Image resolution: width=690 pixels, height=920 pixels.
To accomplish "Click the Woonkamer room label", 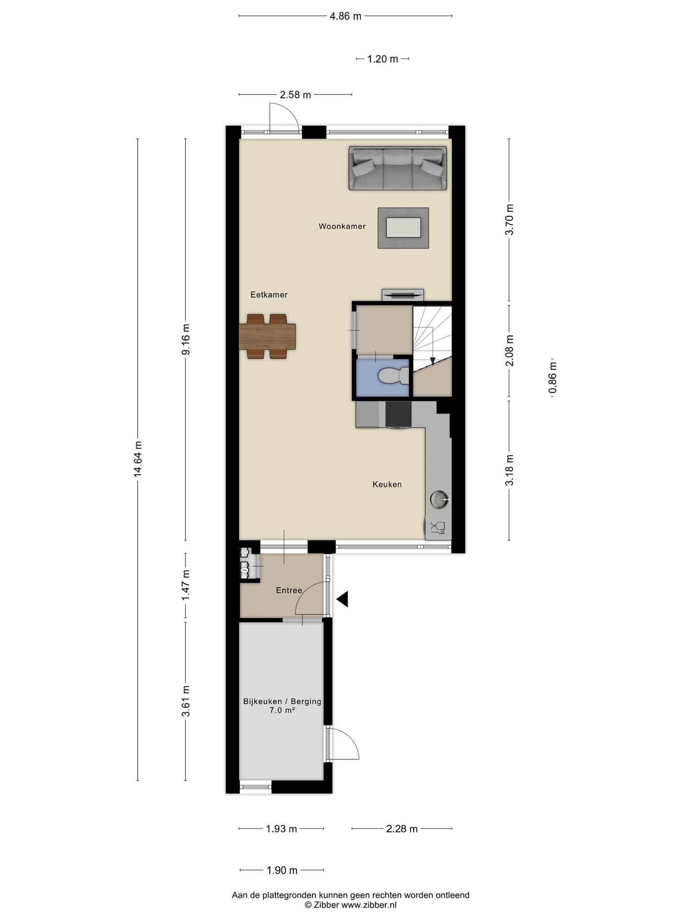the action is (342, 226).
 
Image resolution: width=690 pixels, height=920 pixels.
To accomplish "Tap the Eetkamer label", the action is (269, 295).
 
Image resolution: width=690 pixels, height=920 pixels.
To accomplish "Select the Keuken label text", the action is (387, 484).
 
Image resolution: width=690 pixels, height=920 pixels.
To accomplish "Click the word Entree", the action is (289, 590).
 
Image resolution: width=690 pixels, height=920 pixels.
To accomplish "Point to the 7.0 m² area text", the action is (282, 710).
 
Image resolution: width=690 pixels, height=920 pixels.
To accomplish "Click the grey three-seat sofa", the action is (398, 168).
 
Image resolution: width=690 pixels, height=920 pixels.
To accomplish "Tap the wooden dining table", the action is (267, 336).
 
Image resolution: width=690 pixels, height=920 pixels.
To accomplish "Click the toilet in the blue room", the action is (393, 376).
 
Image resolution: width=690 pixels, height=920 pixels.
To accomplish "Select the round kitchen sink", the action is (438, 499).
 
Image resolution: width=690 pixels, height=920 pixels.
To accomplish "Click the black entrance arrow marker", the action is (343, 599).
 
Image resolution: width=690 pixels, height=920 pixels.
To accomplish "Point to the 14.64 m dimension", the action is (138, 458).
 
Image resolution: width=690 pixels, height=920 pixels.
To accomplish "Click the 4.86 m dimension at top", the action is (345, 17).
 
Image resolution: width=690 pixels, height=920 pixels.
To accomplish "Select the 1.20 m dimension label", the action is (383, 59).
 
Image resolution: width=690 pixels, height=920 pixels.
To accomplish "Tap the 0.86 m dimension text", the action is (553, 377).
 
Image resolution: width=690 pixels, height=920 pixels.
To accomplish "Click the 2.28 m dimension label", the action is (402, 829).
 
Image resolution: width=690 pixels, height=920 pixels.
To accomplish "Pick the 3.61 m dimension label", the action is (186, 701).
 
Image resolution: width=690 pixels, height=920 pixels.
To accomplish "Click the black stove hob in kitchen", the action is (398, 414).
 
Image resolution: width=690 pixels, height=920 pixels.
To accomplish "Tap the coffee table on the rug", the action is (403, 227).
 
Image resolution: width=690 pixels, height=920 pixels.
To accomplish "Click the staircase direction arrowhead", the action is (432, 360).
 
